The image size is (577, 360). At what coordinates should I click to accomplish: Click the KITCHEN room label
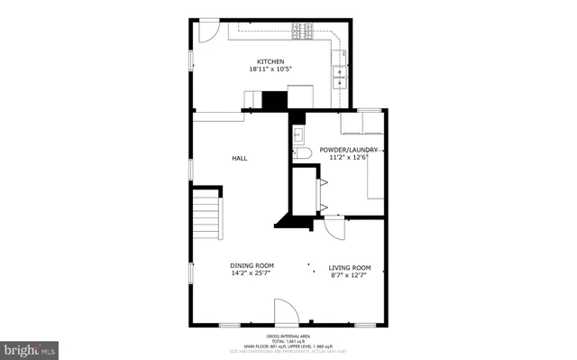(271, 61)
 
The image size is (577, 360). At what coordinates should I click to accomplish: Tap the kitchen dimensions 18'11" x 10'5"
(271, 69)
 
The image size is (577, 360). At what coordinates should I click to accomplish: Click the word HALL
(240, 158)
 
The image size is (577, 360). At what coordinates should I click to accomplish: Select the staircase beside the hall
(207, 217)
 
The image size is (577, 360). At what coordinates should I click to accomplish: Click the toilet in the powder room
(303, 154)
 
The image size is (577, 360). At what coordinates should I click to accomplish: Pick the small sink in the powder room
(299, 134)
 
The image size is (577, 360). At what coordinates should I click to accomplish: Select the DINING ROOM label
(251, 264)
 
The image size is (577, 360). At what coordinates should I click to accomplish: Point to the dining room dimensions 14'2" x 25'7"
(251, 272)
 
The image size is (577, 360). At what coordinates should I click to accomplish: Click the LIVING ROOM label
(350, 267)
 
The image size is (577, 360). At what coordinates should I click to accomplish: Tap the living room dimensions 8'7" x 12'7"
(350, 275)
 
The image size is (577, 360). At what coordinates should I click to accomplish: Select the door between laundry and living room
(334, 227)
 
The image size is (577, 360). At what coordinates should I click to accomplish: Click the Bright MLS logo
(31, 348)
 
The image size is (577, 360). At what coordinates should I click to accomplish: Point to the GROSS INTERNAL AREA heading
(288, 334)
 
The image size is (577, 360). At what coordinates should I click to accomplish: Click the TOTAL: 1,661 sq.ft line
(288, 339)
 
